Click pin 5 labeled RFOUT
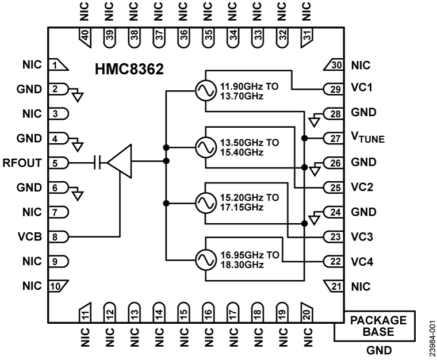(x=56, y=163)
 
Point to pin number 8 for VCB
(x=56, y=236)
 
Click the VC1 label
(x=360, y=89)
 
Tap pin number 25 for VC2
(x=334, y=187)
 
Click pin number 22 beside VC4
(x=334, y=261)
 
